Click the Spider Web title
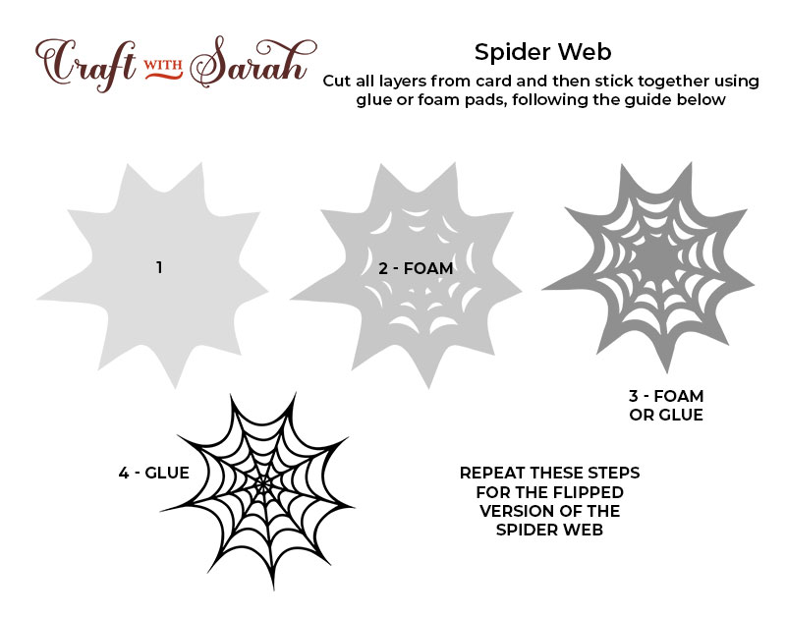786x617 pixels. (543, 52)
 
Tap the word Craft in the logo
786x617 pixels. (85, 64)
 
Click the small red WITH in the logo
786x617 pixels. (163, 65)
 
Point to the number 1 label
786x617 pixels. (159, 267)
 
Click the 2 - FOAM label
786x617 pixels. (416, 268)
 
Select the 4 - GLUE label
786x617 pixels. (154, 473)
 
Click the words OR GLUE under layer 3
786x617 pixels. (666, 415)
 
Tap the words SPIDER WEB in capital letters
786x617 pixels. (549, 530)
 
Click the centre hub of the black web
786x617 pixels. (263, 484)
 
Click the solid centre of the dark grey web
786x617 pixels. (654, 257)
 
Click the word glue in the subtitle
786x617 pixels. (375, 100)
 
